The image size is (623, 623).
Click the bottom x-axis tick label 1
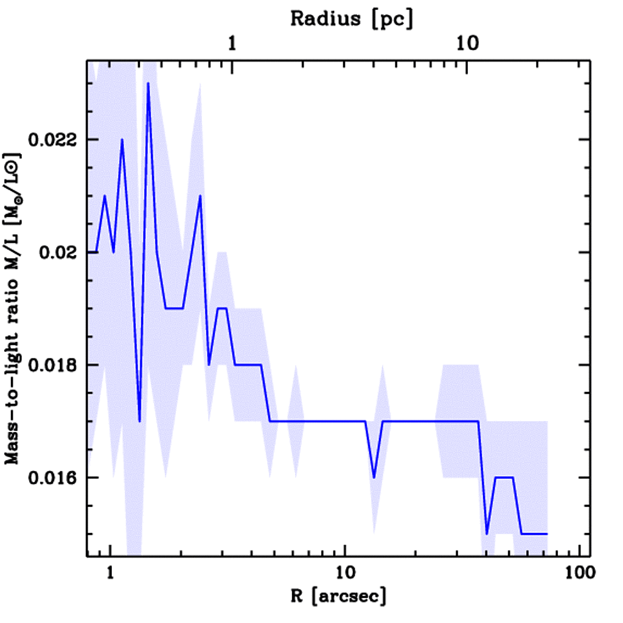(110, 572)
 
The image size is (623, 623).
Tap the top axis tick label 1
(232, 44)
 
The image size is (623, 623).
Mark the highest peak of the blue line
(148, 83)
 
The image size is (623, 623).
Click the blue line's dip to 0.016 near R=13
(374, 478)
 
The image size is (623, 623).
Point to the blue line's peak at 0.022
(122, 140)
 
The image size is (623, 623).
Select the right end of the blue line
(548, 534)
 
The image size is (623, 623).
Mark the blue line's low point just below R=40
(487, 534)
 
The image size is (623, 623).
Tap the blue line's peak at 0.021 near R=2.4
(200, 196)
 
